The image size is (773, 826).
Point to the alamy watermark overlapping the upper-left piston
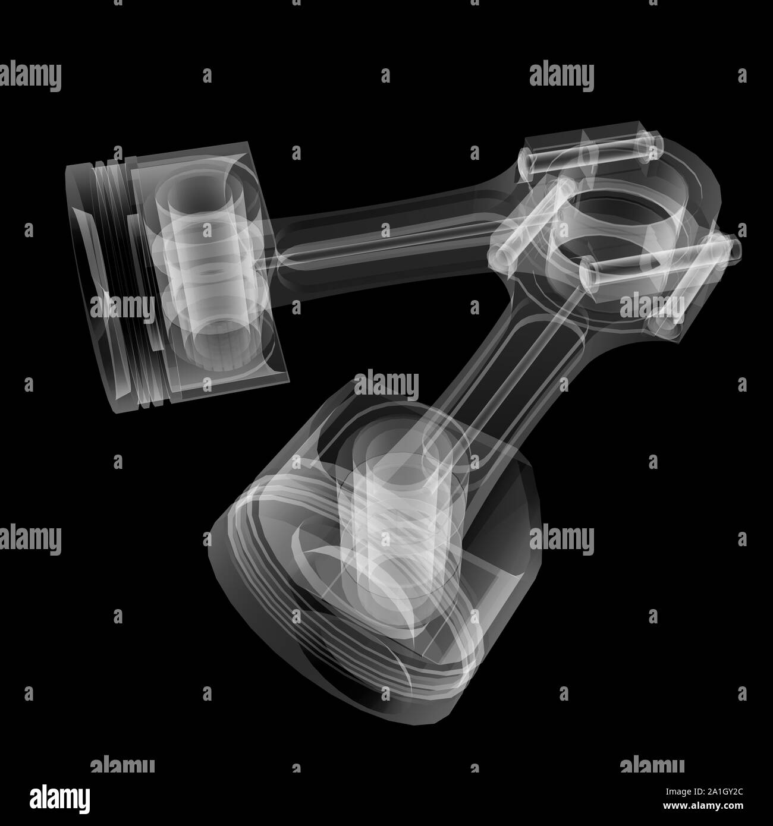(x=122, y=307)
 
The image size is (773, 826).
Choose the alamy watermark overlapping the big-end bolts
(x=652, y=305)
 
